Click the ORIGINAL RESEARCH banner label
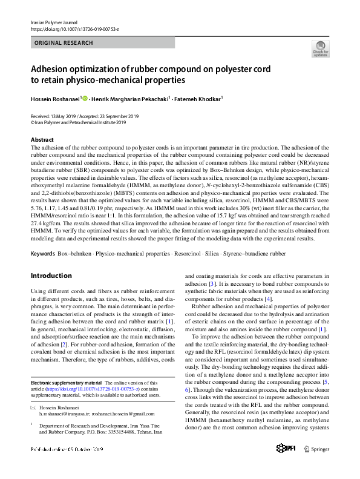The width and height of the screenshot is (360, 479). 64,43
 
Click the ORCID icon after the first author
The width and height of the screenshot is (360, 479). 85,98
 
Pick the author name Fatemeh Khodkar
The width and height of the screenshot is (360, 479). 200,99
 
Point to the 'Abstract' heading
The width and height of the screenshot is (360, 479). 42,140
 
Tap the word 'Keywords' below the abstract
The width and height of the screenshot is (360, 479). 43,253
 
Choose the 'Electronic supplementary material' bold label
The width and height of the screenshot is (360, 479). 67,383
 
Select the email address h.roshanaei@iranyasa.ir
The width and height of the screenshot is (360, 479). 64,416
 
